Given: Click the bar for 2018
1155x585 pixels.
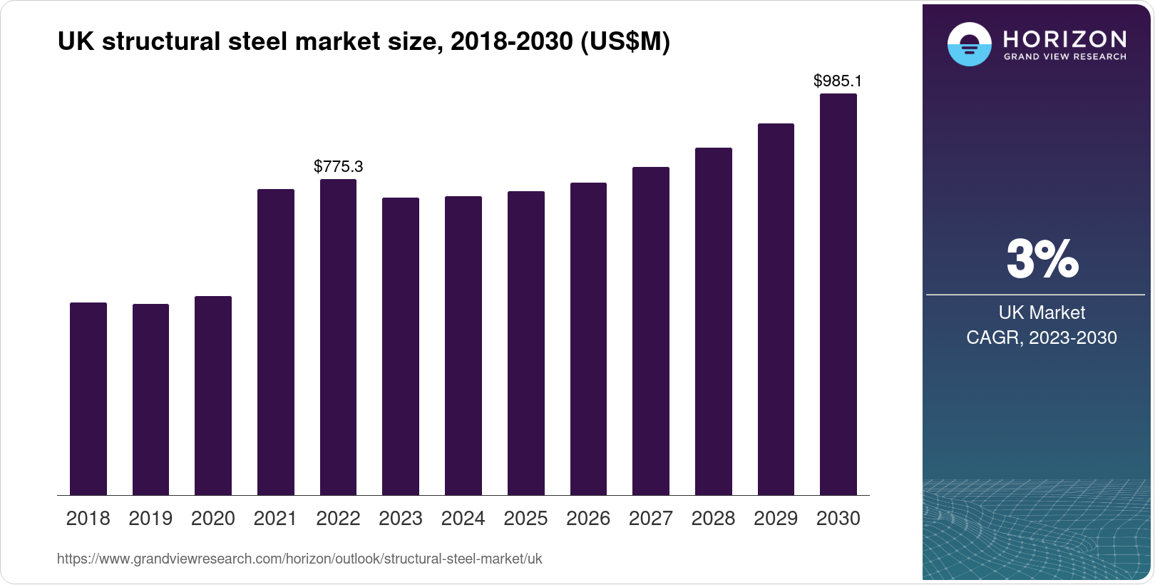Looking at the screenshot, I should click(x=88, y=399).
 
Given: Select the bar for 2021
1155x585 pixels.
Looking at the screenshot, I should click(x=275, y=342).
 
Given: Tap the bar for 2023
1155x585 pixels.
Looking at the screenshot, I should click(x=401, y=346).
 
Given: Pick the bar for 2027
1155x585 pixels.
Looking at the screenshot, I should click(x=651, y=331).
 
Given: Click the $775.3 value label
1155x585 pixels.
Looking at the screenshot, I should click(x=339, y=167).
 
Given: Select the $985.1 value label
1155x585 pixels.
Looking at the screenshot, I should click(x=838, y=81).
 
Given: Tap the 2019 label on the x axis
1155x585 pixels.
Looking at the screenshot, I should click(x=150, y=519).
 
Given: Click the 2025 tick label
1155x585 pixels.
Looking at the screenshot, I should click(x=525, y=519).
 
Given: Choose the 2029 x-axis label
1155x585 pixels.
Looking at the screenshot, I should click(x=776, y=519).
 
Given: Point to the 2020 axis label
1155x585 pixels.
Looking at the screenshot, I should click(x=213, y=519).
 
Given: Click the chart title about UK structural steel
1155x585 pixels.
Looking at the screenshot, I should click(x=364, y=42).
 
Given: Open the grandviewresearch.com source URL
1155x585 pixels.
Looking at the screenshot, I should click(x=299, y=559).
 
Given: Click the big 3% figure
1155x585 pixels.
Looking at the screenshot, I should click(x=1042, y=259).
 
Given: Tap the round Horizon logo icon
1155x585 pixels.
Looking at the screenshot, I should click(x=969, y=45).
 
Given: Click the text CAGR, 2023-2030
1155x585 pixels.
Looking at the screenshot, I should click(x=1042, y=338).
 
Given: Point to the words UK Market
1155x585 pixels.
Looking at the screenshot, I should click(x=1042, y=312).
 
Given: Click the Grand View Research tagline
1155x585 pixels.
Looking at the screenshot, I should click(x=1064, y=57).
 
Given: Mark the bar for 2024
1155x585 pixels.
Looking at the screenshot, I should click(x=463, y=345).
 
